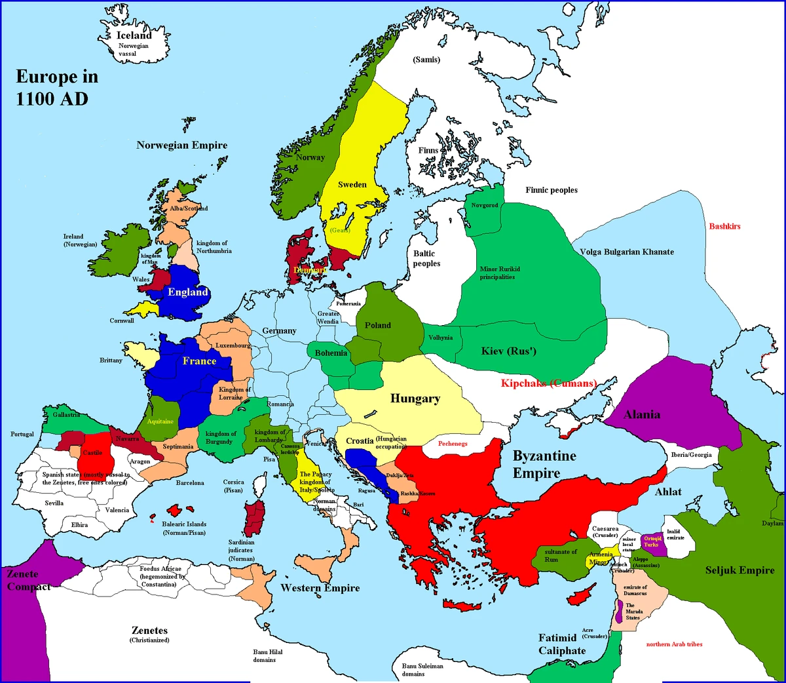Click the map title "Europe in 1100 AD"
coord(57,87)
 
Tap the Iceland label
coord(134,35)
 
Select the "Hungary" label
coord(415,399)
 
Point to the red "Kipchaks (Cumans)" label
coord(548,383)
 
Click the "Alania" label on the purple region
coord(641,414)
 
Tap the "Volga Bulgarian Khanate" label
coord(626,252)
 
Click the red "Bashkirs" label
coord(724,226)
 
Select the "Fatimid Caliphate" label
coord(561,644)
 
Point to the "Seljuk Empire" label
coord(739,570)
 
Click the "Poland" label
coord(377,325)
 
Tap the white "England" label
coord(187,292)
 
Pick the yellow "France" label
coord(199,361)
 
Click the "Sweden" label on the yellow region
coord(352,185)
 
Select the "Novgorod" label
coord(485,205)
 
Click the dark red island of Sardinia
coord(254,518)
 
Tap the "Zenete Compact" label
coord(28,580)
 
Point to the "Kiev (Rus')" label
coord(508,351)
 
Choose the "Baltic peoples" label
coord(426,258)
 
